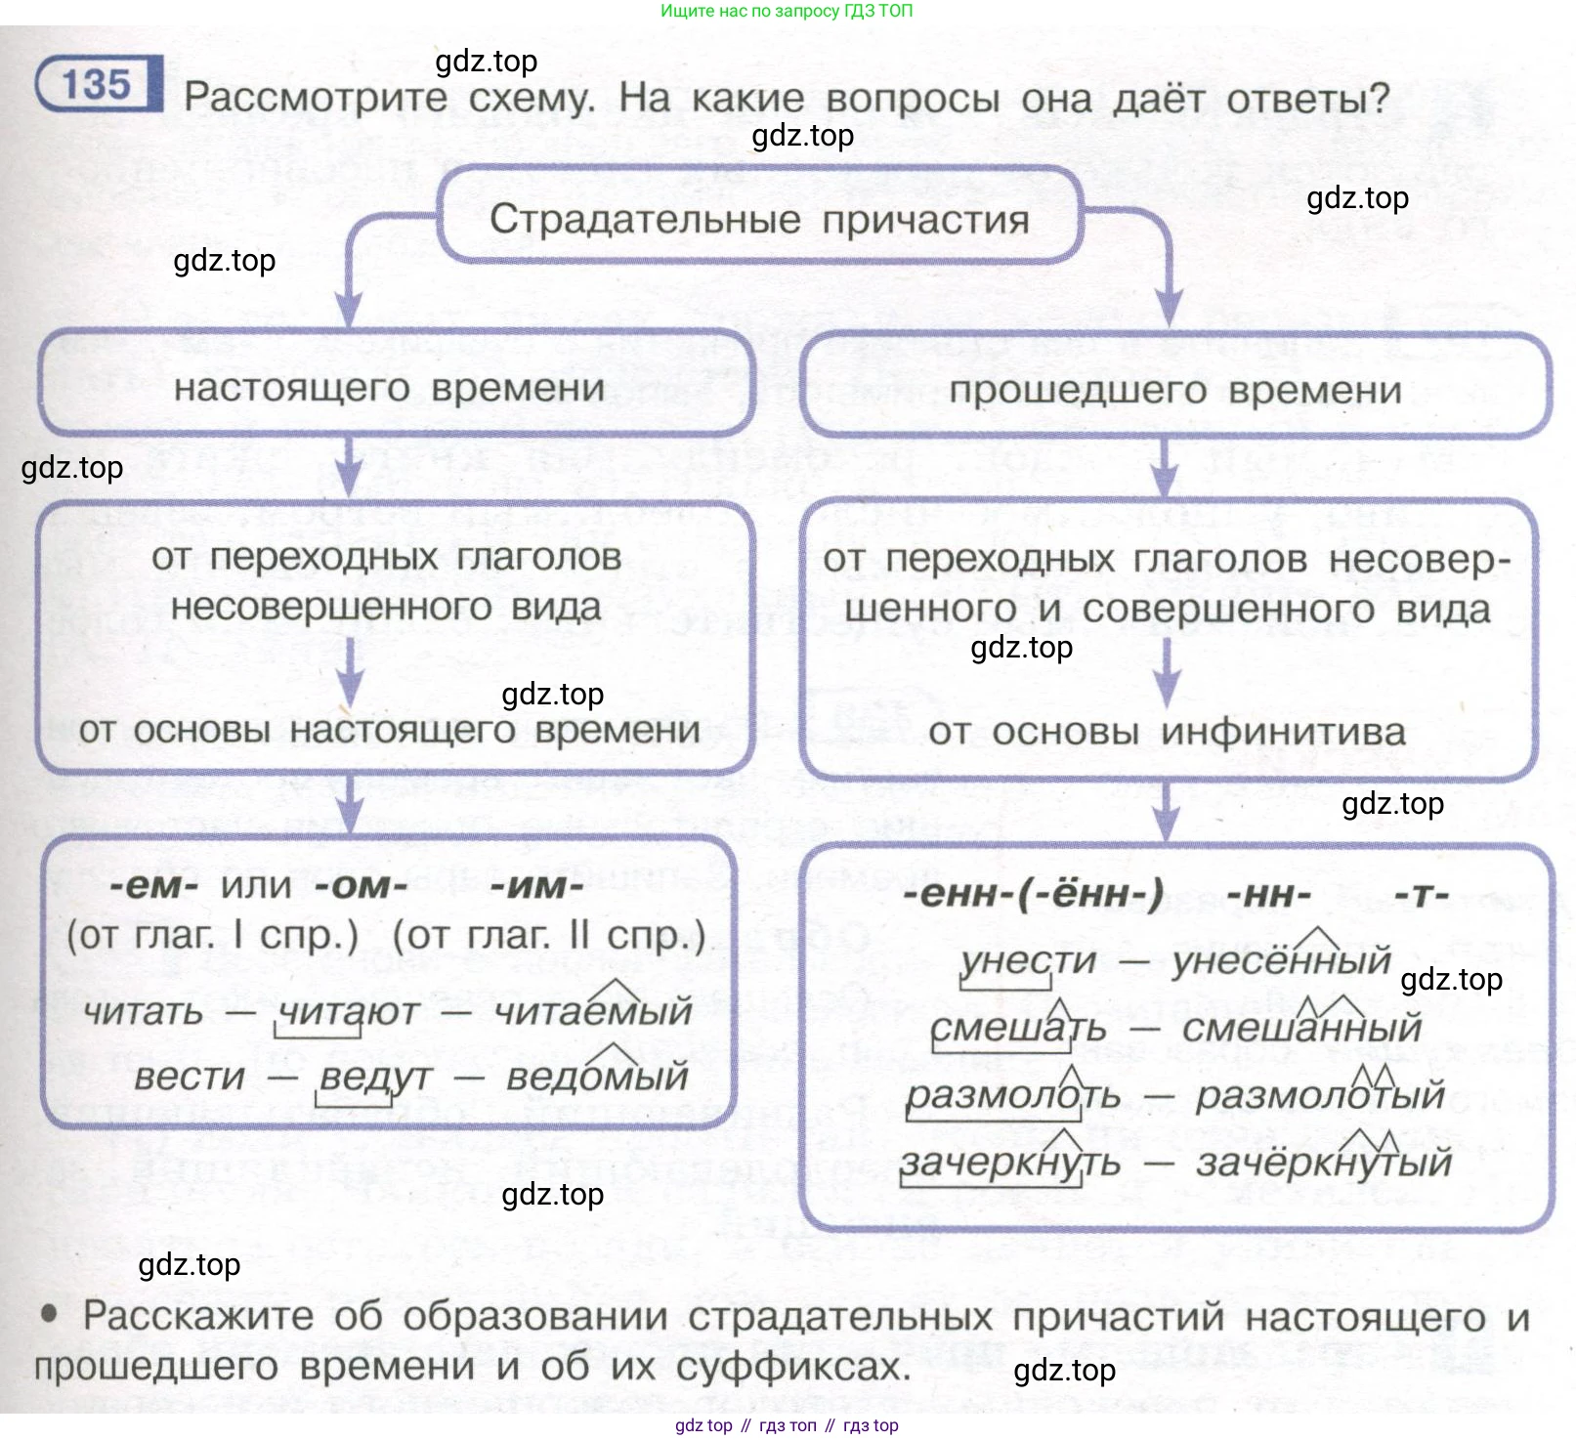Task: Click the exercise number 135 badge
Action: (97, 85)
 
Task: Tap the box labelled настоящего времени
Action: (390, 388)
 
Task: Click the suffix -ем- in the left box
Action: (154, 886)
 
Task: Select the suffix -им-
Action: (536, 886)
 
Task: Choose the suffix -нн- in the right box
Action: (1268, 894)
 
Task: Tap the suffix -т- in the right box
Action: (1421, 894)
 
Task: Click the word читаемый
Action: (593, 1011)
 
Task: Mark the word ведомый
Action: (597, 1077)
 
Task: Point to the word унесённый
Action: (1281, 961)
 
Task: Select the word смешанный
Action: (1301, 1028)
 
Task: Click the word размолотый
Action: (1320, 1095)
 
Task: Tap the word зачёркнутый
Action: (1324, 1163)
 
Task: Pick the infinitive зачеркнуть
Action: (1010, 1163)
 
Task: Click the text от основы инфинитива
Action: (1167, 732)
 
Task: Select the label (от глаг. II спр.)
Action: (549, 936)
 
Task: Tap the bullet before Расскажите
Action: (49, 1314)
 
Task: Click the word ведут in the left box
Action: (375, 1077)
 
